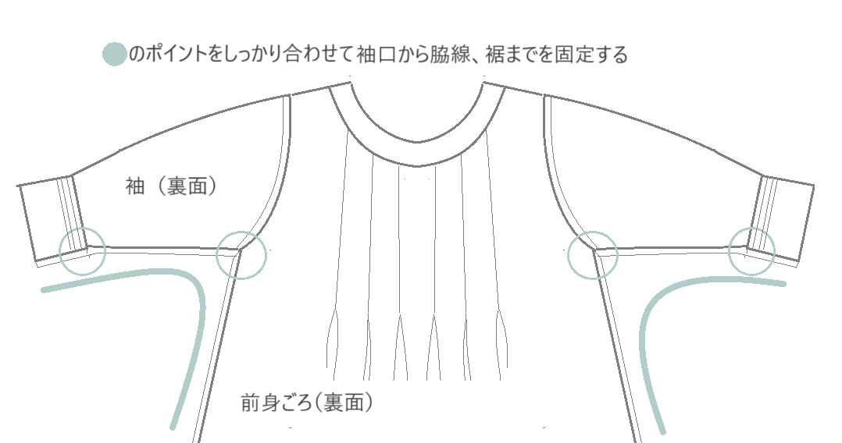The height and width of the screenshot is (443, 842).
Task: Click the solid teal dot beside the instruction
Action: (x=114, y=54)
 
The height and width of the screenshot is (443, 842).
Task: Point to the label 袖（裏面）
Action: (x=171, y=186)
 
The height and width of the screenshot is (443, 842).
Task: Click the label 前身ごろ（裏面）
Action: (x=307, y=402)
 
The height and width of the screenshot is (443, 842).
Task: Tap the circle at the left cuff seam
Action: (x=82, y=251)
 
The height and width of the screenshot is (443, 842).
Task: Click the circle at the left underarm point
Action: (x=241, y=255)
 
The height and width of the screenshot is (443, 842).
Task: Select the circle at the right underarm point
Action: (x=593, y=255)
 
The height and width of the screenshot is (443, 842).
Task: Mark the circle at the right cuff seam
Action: (x=751, y=251)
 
